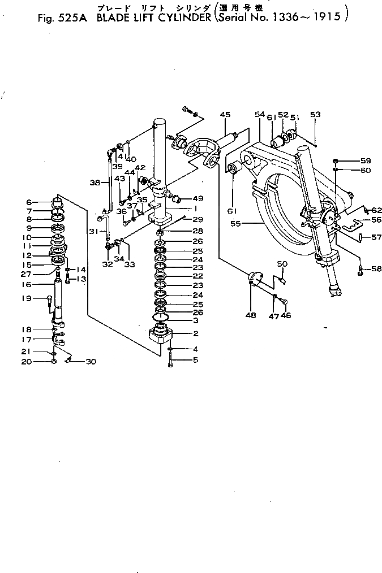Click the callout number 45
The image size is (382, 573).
(x=225, y=115)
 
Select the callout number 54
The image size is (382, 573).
(x=260, y=115)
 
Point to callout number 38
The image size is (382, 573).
(x=95, y=183)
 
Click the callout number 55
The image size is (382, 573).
(x=235, y=224)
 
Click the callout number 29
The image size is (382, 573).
(x=197, y=219)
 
